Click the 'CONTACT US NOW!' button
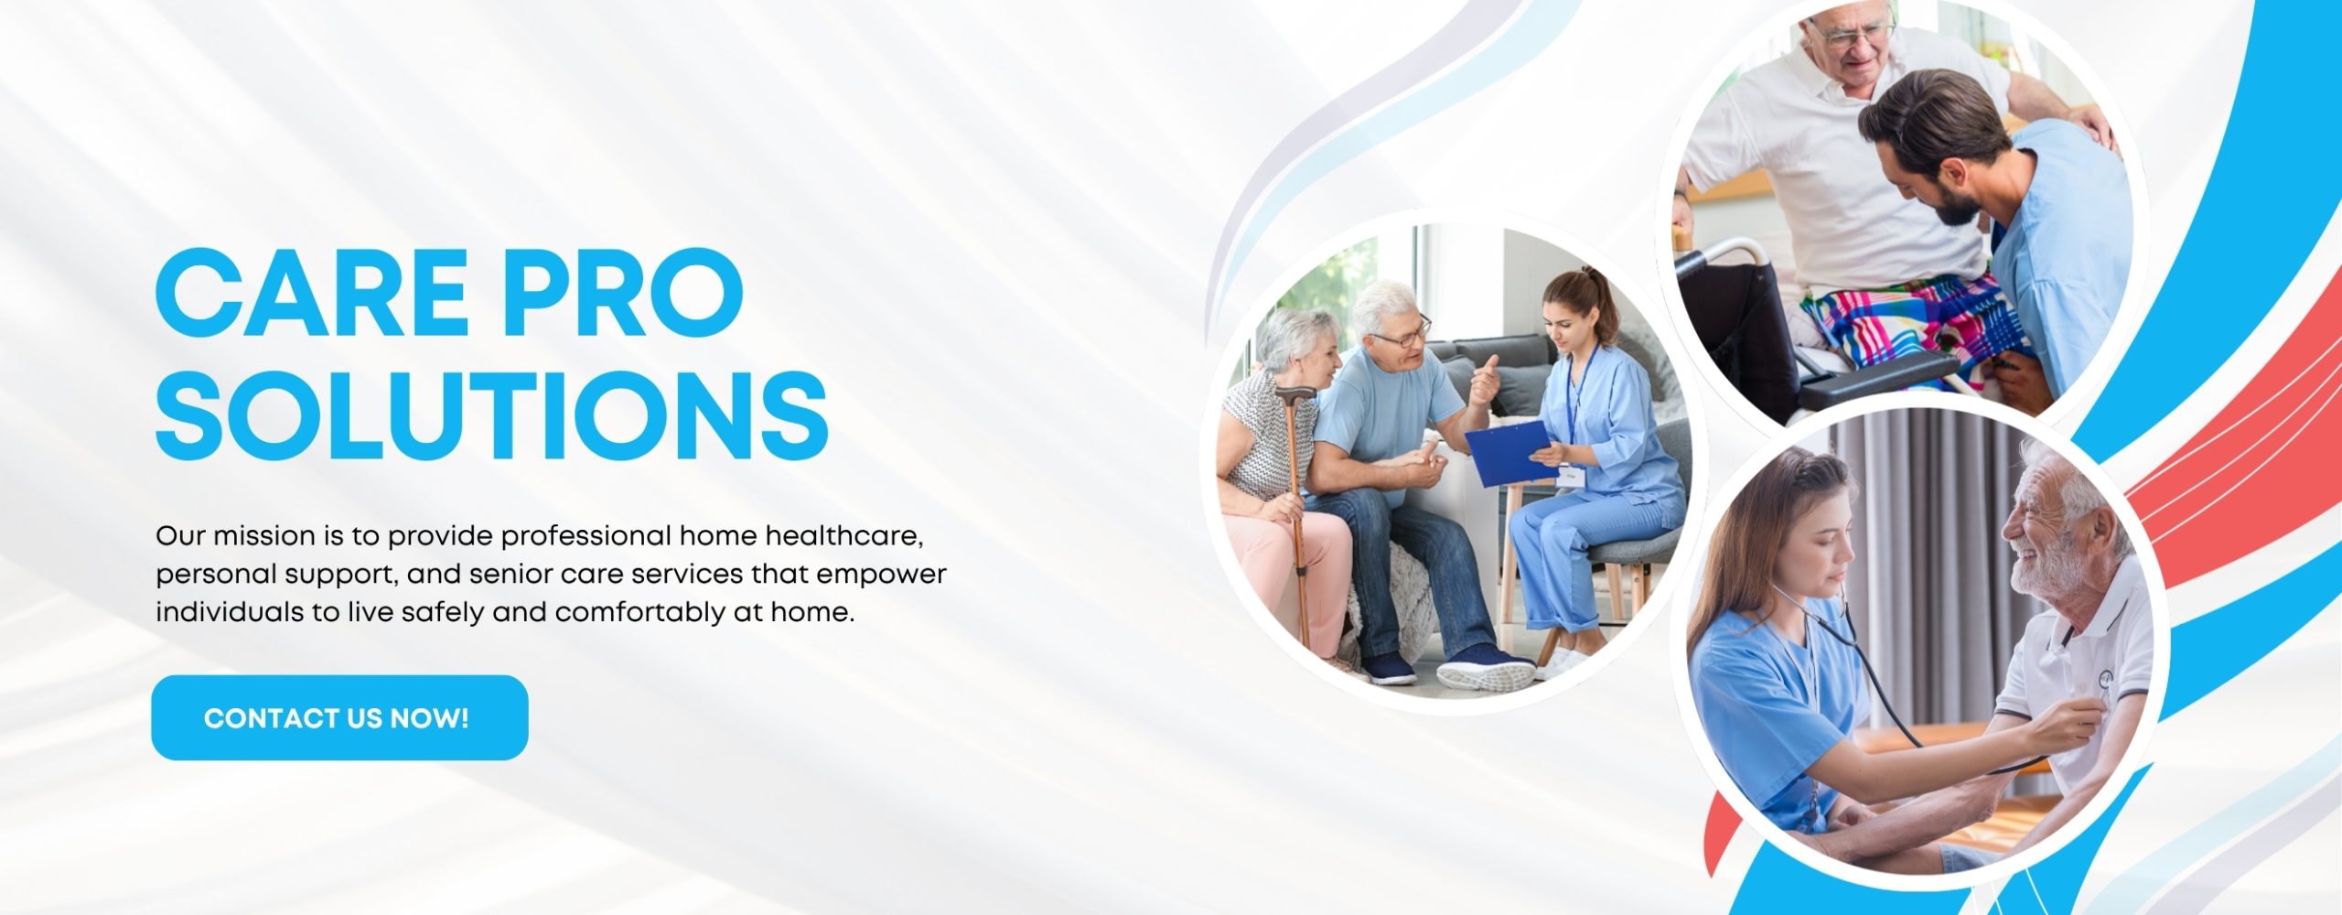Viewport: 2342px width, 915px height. [339, 717]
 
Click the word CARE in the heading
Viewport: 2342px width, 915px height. [312, 295]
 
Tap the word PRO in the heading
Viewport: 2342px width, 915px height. [623, 295]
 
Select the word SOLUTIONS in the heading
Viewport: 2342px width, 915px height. [492, 415]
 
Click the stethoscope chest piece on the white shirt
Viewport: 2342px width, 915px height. [2105, 679]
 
